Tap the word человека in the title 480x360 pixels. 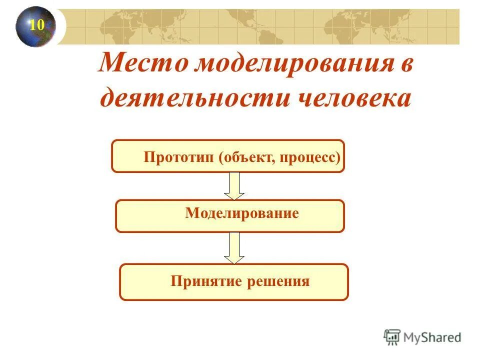point(354,97)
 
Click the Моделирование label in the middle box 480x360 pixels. point(242,213)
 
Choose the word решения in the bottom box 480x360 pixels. point(278,281)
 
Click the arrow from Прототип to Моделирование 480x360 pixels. point(234,185)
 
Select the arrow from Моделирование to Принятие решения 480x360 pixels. point(234,247)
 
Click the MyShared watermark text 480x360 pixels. point(432,337)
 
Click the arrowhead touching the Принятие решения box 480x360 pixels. point(234,259)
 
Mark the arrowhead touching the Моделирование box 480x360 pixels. point(234,195)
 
